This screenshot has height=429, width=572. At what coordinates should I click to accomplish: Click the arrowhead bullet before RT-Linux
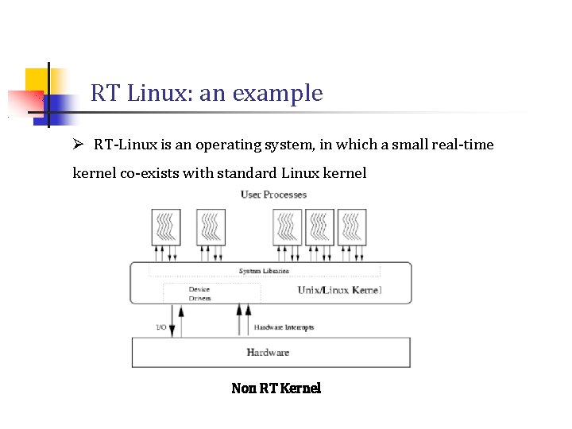[78, 145]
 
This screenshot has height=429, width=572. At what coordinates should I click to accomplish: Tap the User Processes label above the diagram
[273, 195]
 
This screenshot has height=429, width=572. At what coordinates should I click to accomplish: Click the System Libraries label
[264, 272]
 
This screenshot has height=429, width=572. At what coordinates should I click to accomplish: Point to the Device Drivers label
[199, 294]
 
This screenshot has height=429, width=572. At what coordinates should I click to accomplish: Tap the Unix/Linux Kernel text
[339, 290]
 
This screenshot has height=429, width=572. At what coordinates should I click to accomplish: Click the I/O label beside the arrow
[160, 327]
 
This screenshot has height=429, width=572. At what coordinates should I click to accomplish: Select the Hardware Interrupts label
[284, 327]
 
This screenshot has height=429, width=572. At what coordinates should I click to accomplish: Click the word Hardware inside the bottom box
[268, 352]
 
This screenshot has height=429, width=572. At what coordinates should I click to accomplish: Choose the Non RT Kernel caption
[276, 388]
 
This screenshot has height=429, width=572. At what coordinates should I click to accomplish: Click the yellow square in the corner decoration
[37, 79]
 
